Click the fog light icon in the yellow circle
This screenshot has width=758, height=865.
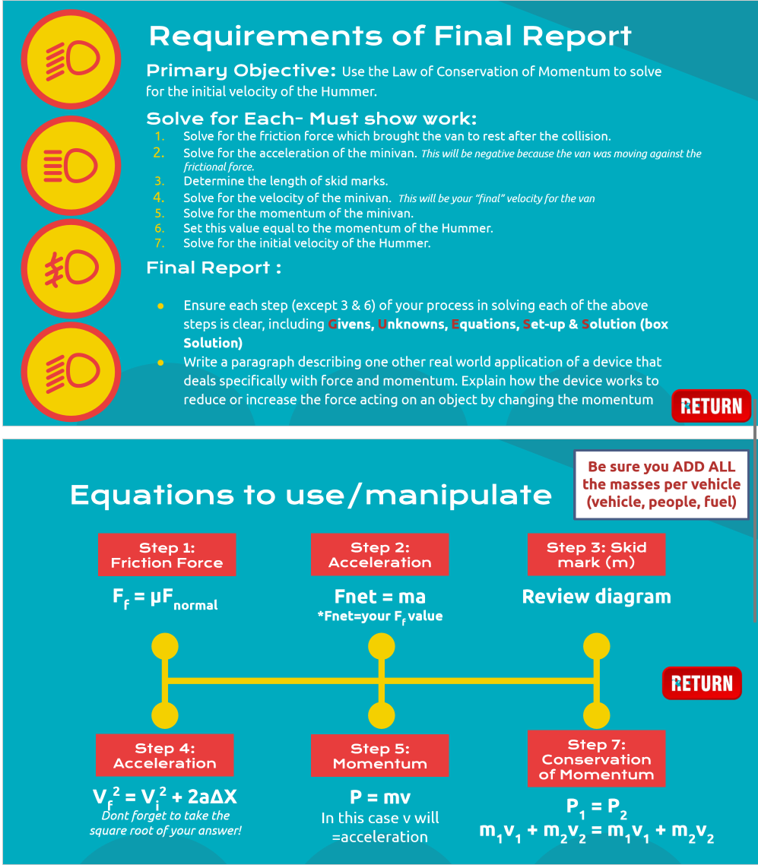[x=70, y=268]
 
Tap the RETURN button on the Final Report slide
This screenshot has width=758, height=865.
[x=711, y=406]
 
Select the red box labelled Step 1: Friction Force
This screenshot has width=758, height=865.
[x=167, y=555]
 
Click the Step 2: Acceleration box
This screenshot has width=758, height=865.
[x=379, y=555]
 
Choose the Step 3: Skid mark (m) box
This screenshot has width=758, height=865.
[x=596, y=555]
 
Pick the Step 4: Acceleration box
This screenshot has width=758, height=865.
[x=164, y=756]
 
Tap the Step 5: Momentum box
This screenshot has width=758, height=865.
[x=379, y=756]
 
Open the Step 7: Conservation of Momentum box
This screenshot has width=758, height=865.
[x=596, y=759]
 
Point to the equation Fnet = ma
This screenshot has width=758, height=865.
[x=379, y=596]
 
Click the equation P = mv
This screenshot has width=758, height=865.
[x=379, y=797]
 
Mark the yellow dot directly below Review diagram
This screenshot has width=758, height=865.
[x=596, y=647]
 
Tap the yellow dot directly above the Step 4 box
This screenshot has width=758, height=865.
[x=164, y=715]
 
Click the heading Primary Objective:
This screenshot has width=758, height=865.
[x=240, y=71]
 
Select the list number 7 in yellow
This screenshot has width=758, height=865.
[x=159, y=243]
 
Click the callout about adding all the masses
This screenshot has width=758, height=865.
[x=661, y=484]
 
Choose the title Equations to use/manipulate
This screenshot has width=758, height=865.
[x=310, y=495]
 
